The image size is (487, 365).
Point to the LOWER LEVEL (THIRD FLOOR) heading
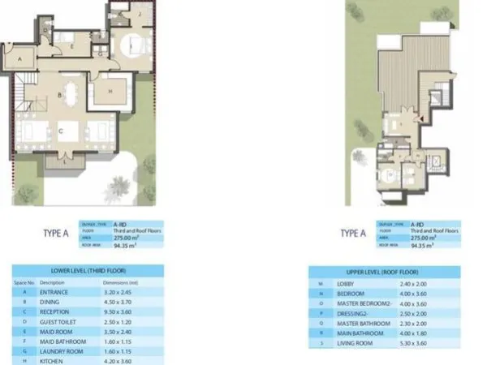tap(88, 272)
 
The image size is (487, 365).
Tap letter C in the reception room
tap(61, 129)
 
